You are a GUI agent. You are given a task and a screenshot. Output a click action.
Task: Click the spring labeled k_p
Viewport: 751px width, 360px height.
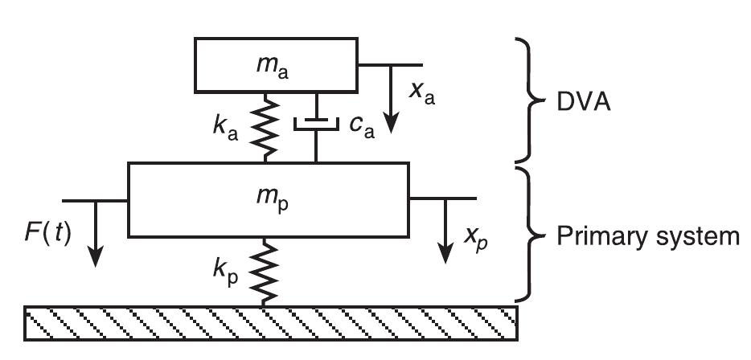tap(265, 271)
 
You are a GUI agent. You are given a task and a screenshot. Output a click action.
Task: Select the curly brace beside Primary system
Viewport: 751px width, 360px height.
tap(534, 232)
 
